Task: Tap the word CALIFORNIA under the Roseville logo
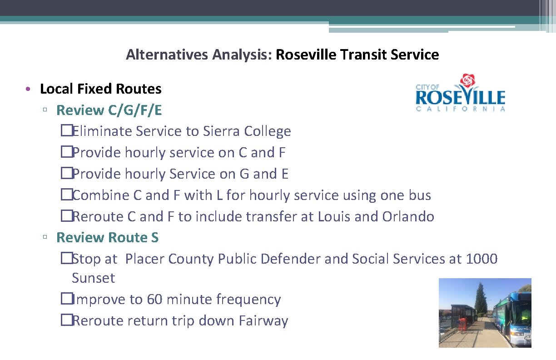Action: [461, 109]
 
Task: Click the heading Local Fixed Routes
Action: [100, 89]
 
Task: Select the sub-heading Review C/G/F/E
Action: [109, 110]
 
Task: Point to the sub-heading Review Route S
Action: [107, 237]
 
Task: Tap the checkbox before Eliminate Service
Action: [66, 131]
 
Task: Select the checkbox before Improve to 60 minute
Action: [66, 300]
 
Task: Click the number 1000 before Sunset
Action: [482, 259]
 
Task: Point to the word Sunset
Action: [93, 278]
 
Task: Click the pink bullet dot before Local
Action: [28, 89]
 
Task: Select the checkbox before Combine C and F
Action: [66, 195]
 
